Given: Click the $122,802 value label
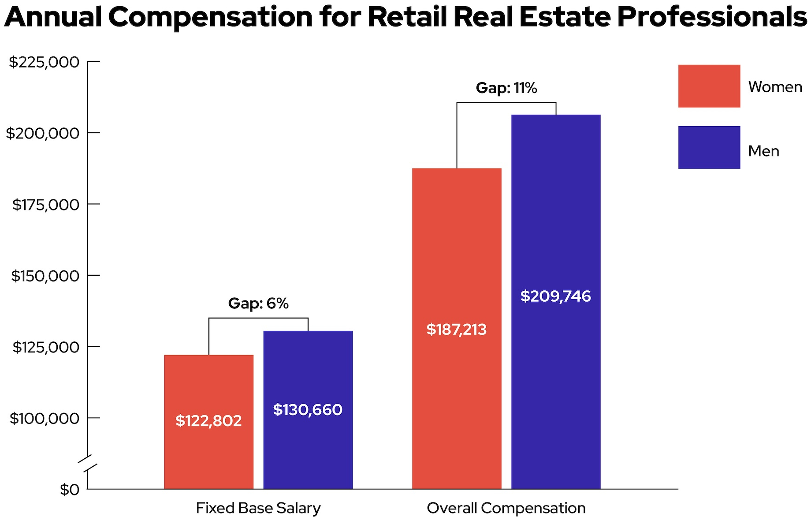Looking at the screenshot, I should pos(208,421).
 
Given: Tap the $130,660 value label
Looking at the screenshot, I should pos(308,410).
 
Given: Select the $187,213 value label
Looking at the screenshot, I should pos(456,330).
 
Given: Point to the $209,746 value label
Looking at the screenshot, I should pos(555,296).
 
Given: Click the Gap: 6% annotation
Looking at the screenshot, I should pos(258,303).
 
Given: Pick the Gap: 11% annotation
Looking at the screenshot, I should pos(506,88).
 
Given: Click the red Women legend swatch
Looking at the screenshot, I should pos(709,86).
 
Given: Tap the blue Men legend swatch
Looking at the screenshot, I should pos(709,147).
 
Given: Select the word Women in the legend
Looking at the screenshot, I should pos(775,87).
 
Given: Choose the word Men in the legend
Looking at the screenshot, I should pos(763,151).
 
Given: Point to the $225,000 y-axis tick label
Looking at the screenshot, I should pos(44,62).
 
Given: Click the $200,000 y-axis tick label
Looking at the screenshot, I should pos(43,133).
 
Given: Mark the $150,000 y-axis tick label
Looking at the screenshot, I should pos(45,276).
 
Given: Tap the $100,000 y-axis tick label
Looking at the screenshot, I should pos(45,418).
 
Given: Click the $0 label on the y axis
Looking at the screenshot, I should pos(70,490).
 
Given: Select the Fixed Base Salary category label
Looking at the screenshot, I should pos(258,508).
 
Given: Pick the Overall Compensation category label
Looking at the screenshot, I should pos(506,508).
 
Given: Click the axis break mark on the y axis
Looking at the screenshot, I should pos(87,463).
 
